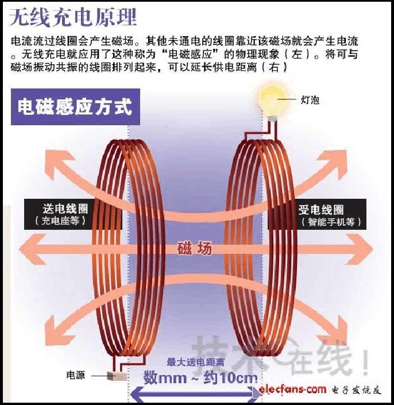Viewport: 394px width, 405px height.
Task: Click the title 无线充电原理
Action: point(73,18)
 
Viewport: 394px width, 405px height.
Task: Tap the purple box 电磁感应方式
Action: point(75,107)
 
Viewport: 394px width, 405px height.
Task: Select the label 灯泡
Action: point(310,100)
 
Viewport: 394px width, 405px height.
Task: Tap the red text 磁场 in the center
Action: point(195,248)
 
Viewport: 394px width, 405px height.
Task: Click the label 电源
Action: point(75,375)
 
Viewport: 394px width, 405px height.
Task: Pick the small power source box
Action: point(117,376)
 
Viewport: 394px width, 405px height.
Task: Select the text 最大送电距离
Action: point(195,362)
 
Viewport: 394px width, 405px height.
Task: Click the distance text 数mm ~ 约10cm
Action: point(200,378)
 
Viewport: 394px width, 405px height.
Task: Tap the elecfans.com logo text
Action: point(292,389)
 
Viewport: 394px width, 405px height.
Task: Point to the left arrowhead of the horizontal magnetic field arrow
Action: point(30,249)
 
